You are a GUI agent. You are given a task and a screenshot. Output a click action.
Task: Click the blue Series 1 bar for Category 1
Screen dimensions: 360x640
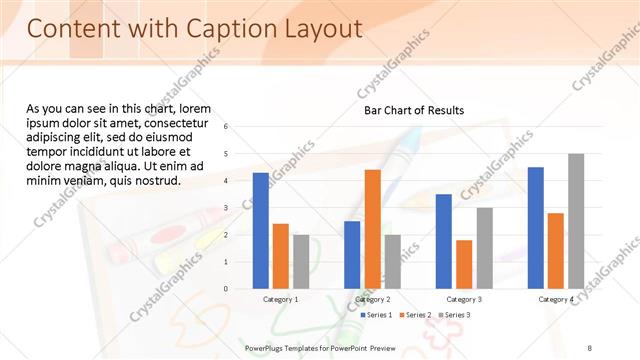[x=261, y=230]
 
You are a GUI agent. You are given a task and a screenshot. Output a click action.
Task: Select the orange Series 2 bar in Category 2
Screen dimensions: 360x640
[x=372, y=229]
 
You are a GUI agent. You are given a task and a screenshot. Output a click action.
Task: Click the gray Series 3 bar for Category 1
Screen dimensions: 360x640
[x=301, y=261]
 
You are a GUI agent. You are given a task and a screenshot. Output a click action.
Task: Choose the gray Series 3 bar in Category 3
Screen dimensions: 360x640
[x=484, y=248]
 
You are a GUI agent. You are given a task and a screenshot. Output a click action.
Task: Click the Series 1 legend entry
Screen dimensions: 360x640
[x=375, y=315]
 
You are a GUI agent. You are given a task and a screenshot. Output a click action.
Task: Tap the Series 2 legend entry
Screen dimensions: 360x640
[x=415, y=315]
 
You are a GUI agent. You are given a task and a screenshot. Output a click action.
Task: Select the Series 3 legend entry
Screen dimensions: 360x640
[x=454, y=315]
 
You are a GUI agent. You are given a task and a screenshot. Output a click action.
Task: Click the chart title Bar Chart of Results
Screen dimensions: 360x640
[x=414, y=110]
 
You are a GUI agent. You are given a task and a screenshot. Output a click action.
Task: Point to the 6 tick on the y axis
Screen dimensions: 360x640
[x=227, y=127]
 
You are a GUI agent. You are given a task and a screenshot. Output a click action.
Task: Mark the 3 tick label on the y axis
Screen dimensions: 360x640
[x=227, y=208]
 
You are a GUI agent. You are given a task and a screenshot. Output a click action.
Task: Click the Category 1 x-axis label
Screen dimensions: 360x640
[x=281, y=299]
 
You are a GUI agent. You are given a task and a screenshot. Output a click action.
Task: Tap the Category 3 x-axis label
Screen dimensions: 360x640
[x=464, y=299]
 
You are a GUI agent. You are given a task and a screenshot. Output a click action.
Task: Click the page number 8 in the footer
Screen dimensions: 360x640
[x=590, y=347]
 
